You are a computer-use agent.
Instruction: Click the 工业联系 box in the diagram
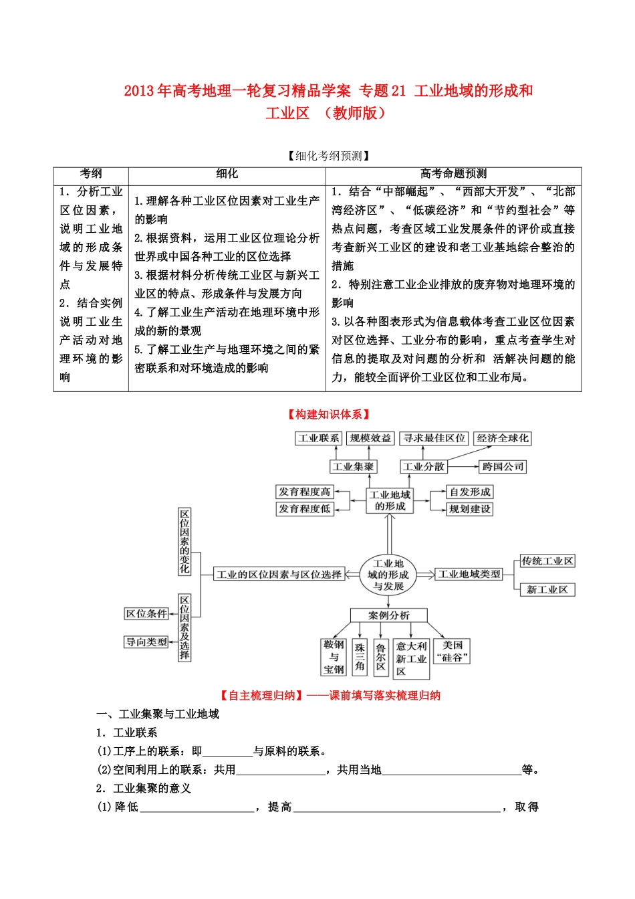[x=318, y=438]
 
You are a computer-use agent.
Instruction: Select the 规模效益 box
[x=370, y=438]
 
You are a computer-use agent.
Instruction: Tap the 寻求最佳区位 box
[x=434, y=438]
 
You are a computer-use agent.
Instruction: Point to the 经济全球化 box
[x=502, y=438]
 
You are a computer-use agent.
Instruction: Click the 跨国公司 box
[x=503, y=467]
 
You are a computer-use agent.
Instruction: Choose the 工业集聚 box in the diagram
[x=354, y=467]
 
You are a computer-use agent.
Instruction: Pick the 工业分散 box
[x=423, y=467]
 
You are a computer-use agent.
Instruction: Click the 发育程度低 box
[x=305, y=509]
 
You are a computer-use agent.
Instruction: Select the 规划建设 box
[x=470, y=509]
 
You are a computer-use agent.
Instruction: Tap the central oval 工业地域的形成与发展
[x=388, y=575]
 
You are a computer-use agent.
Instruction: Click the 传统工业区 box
[x=547, y=561]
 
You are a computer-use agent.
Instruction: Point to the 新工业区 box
[x=547, y=589]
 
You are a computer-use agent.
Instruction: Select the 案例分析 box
[x=388, y=615]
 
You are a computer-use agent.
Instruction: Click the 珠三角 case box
[x=360, y=657]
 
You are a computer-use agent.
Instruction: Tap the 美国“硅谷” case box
[x=452, y=651]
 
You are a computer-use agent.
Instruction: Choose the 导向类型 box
[x=146, y=642]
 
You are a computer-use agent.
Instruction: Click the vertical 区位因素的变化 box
[x=184, y=542]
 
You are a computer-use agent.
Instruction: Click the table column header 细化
[x=227, y=174]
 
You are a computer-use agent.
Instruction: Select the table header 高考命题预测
[x=453, y=174]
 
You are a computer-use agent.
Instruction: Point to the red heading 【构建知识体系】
[x=329, y=415]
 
